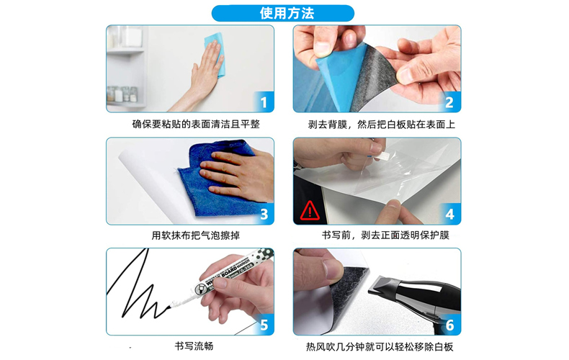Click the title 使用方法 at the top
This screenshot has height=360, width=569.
point(287,14)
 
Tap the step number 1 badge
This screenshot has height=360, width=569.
point(264,102)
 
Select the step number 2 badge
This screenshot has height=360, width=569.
point(449,102)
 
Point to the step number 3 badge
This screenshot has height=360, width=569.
point(264,214)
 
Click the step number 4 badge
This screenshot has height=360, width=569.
point(450,214)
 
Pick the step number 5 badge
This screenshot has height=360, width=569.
point(264,325)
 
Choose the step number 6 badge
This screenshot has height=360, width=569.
point(450,325)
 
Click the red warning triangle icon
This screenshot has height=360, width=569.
point(310,211)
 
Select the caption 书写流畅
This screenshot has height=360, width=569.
point(194,346)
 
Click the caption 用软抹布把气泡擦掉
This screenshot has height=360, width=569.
point(196,235)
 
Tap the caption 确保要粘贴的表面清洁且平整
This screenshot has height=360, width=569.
point(196,125)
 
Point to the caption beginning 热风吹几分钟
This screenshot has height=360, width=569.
point(380,347)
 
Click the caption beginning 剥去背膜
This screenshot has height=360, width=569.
point(382,125)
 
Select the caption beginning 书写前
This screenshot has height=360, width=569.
point(385,235)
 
